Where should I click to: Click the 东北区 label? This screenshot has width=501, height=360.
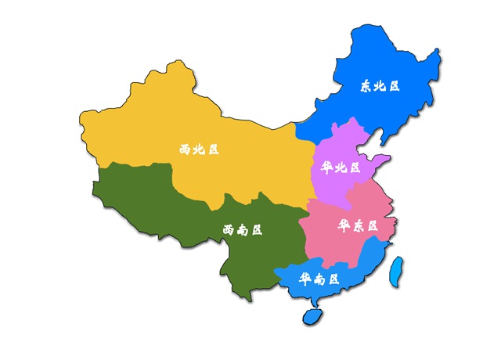[x=380, y=86]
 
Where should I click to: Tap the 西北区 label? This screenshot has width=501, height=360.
[x=198, y=149]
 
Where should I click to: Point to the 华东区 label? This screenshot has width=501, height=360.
[x=358, y=225]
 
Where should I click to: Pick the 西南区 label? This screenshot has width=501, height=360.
[x=242, y=230]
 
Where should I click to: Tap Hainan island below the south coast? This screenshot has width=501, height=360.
[x=312, y=316]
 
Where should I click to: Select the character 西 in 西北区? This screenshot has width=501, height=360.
[x=185, y=149]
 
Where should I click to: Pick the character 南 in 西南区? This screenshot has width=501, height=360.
[x=242, y=230]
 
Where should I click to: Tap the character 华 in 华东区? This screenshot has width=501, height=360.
[x=344, y=225]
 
